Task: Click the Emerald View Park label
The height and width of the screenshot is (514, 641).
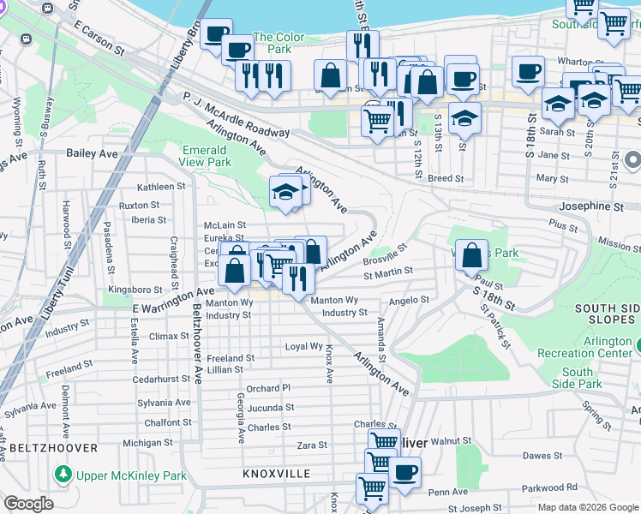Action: tap(207, 156)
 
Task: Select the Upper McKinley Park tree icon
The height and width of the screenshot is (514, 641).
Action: tap(62, 475)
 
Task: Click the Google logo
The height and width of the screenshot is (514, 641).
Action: tap(28, 503)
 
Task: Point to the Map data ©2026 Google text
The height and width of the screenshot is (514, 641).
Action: tap(588, 507)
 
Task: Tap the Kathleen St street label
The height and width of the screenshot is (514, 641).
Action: tap(161, 186)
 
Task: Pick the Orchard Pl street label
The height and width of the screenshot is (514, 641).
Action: tap(269, 388)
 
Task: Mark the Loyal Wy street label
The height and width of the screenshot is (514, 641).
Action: tap(303, 347)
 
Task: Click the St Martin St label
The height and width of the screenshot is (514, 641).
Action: tap(388, 275)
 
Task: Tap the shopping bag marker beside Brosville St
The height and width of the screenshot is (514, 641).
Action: tap(471, 254)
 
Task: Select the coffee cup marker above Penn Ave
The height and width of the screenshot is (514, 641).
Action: tap(404, 471)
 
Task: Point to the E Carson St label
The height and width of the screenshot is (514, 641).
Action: tap(99, 39)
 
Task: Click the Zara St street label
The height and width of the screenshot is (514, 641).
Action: tap(311, 445)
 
